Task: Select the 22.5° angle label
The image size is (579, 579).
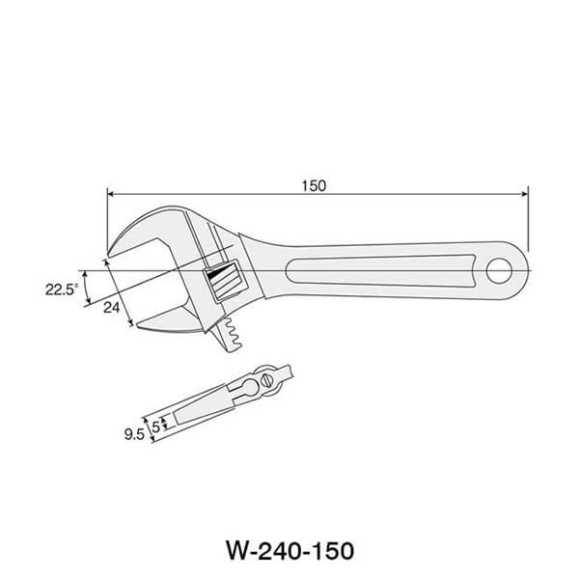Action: (x=60, y=288)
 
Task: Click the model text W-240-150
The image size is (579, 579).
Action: (x=289, y=551)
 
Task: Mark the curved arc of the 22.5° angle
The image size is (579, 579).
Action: (x=85, y=287)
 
